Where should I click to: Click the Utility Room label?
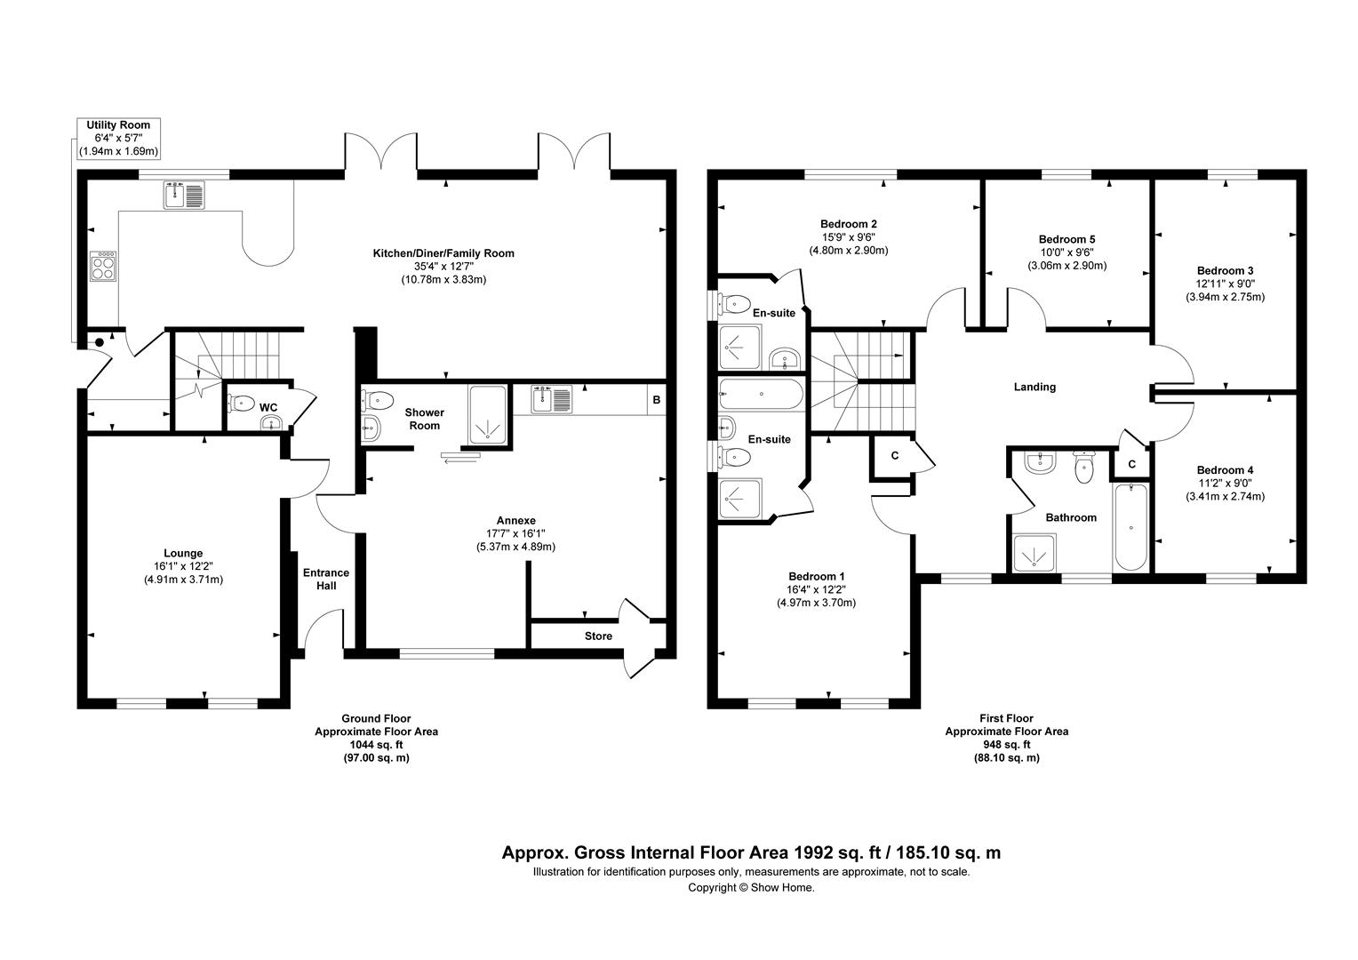tap(118, 125)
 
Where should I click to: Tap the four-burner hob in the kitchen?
tap(103, 267)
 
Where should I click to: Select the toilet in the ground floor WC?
tap(241, 402)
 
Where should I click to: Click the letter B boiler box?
tap(656, 400)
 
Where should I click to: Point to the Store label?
tap(598, 636)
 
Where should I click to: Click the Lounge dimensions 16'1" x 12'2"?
tap(183, 566)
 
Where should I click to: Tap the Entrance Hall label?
tap(326, 580)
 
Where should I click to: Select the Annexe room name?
tap(516, 520)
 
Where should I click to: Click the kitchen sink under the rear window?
tap(184, 195)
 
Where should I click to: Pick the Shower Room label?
tap(425, 419)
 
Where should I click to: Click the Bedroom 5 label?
tap(1067, 239)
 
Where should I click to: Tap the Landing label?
tap(1034, 387)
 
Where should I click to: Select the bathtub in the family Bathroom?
tap(1130, 527)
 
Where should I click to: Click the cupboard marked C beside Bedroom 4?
tap(1132, 464)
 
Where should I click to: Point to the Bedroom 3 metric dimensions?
tap(1226, 297)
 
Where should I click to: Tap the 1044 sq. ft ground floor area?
tap(377, 745)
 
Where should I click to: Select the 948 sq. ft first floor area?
tap(1007, 745)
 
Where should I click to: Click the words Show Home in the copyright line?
tap(783, 888)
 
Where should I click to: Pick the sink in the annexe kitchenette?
tap(552, 399)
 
